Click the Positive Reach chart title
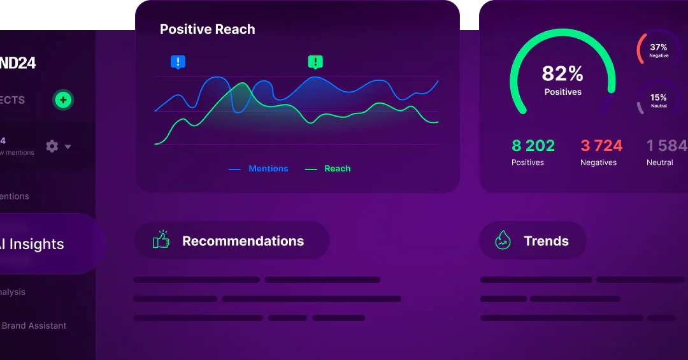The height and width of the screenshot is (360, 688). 207,29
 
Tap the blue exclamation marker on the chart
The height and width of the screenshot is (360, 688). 178,62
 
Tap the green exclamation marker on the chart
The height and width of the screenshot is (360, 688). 315,62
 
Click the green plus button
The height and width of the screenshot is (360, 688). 62,100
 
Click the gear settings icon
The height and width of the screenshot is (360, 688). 52,147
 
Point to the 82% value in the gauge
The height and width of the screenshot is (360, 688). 563,74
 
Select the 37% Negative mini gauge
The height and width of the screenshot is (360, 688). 658,50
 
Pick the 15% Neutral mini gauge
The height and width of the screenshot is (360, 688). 658,100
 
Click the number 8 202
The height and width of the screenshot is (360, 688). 533,146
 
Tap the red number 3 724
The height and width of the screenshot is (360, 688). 601,146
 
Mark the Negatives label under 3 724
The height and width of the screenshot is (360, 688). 598,162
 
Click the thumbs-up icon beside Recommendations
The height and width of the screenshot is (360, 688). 161,240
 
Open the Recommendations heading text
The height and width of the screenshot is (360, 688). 243,241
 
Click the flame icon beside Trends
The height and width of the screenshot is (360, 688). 503,240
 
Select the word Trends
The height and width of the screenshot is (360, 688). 546,241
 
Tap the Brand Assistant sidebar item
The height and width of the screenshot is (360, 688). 34,326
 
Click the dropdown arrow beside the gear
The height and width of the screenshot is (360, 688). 68,147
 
